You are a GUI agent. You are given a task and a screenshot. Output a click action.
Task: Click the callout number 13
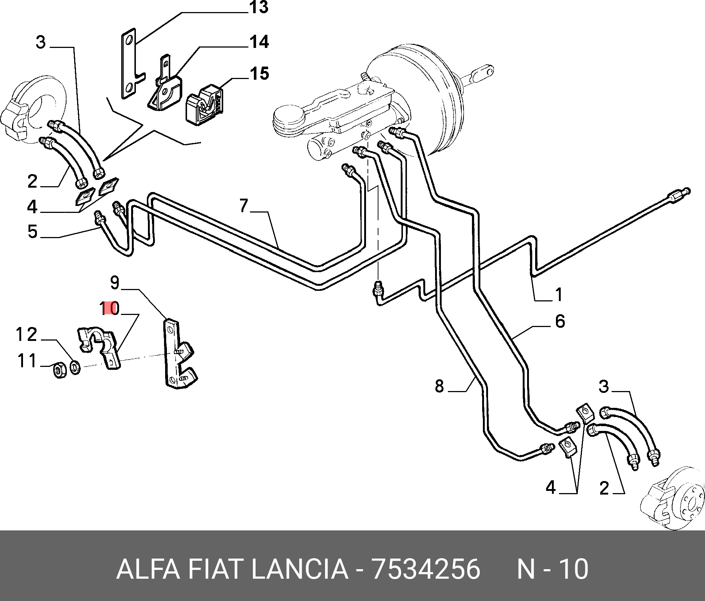coord(259,7)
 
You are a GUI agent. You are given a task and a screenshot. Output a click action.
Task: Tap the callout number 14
coord(259,42)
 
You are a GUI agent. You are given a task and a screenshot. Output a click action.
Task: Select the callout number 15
coord(259,74)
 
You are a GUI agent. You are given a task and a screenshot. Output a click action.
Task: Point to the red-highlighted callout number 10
coord(110,309)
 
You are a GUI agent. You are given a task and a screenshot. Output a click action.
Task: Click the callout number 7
coord(244,206)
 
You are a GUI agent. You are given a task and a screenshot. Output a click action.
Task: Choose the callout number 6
coord(560,322)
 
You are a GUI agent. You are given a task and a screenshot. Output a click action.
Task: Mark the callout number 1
coord(559,295)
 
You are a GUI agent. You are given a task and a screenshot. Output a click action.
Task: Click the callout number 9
coord(115,283)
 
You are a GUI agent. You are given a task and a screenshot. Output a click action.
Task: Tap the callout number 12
coord(26,335)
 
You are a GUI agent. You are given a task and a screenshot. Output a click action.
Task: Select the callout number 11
coord(27,361)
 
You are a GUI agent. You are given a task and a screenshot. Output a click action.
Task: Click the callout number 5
coord(33,232)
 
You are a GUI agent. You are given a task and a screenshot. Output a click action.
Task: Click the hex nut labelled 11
coord(59,371)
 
